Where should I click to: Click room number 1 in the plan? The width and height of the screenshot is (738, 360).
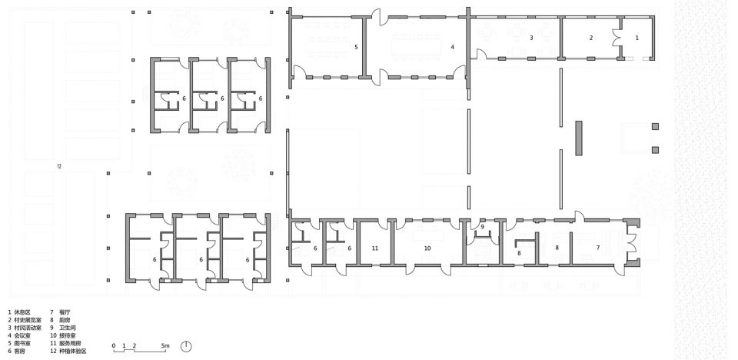point(636,37)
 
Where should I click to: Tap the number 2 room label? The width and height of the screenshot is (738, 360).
point(591,37)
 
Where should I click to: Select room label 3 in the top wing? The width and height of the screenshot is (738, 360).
point(531,37)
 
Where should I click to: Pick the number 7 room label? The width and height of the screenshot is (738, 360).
point(597,248)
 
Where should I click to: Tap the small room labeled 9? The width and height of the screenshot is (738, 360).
point(482,227)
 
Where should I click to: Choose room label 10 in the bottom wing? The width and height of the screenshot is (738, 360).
point(427,248)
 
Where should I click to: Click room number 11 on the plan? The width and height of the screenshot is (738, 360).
point(374,248)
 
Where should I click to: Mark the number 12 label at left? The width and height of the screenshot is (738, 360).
point(59,166)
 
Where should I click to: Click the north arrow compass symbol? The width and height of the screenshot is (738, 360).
point(185,347)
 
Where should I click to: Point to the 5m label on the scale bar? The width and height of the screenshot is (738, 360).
point(166,347)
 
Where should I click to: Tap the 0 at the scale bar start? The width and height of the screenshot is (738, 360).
point(114,347)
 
